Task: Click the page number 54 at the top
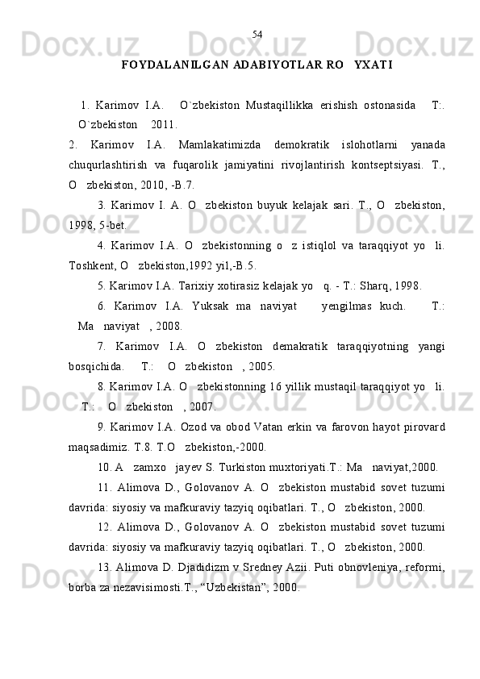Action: (x=257, y=34)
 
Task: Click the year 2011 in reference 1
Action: (x=164, y=124)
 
